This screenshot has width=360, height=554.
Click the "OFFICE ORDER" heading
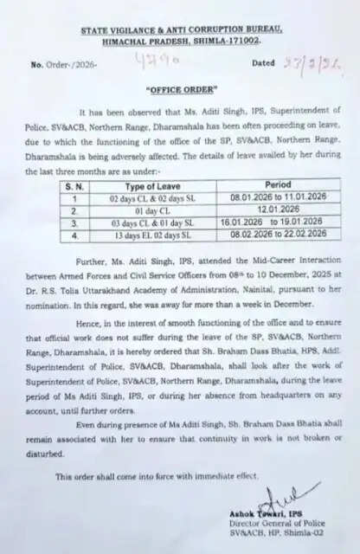[180, 89]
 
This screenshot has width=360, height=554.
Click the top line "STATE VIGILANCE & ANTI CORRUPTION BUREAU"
[180, 30]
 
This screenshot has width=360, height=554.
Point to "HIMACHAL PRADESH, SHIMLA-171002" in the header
[180, 40]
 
